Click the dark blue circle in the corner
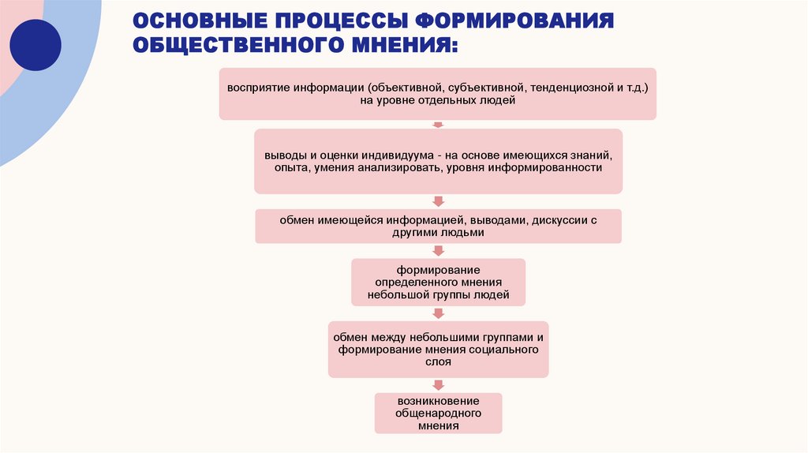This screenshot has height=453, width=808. (x=35, y=45)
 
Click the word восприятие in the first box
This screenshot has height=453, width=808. (x=256, y=87)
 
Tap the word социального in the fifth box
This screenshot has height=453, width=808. (x=504, y=349)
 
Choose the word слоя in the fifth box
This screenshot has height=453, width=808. (x=438, y=362)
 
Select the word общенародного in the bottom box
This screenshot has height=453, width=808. (x=438, y=413)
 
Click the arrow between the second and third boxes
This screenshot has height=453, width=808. (x=438, y=201)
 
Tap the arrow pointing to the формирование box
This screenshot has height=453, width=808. (x=438, y=250)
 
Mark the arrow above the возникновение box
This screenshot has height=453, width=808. (x=438, y=383)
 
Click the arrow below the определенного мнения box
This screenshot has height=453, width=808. (x=438, y=313)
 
